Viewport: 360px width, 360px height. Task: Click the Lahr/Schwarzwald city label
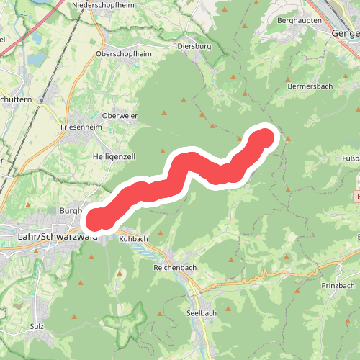[48, 235]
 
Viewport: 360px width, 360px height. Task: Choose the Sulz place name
[39, 326]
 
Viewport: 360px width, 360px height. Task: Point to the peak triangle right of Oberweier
[163, 112]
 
